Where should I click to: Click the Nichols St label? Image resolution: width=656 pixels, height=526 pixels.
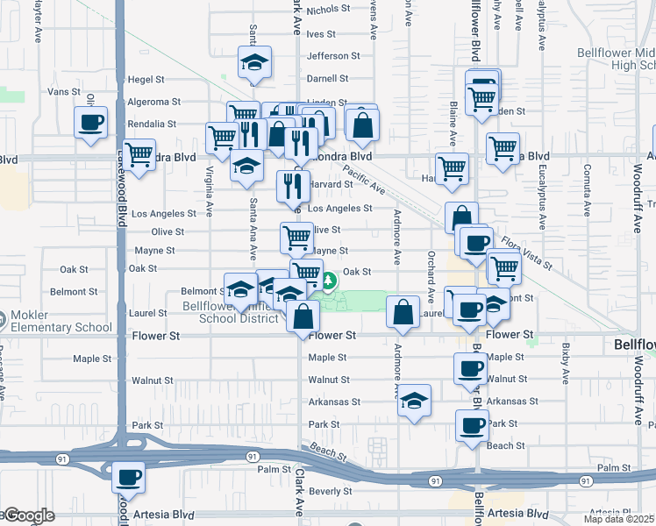tap(328, 9)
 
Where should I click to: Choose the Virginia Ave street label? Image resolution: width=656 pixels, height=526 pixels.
tap(210, 191)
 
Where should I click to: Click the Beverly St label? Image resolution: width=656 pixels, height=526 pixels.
tap(330, 491)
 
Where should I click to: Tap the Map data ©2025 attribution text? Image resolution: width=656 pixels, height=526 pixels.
tap(619, 519)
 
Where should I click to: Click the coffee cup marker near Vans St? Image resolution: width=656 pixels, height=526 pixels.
tap(91, 122)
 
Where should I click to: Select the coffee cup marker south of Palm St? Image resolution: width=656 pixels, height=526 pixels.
tap(129, 478)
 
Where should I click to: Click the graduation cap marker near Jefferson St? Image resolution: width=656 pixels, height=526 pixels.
tap(255, 62)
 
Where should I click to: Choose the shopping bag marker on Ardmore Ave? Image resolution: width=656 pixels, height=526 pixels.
tap(402, 312)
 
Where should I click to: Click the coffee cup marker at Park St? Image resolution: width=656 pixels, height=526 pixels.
tap(473, 426)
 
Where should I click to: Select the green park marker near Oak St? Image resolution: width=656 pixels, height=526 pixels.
tap(328, 281)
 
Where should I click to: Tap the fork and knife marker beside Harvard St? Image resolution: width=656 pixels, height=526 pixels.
tap(293, 185)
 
